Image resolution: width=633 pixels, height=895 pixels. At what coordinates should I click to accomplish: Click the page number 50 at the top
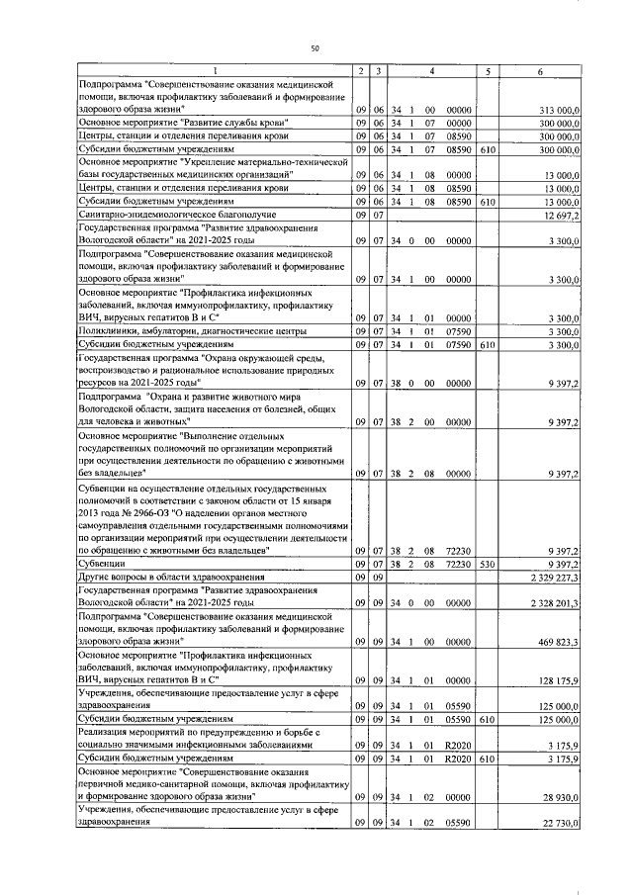[315, 46]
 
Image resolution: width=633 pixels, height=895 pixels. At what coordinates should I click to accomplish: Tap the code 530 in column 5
[486, 563]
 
